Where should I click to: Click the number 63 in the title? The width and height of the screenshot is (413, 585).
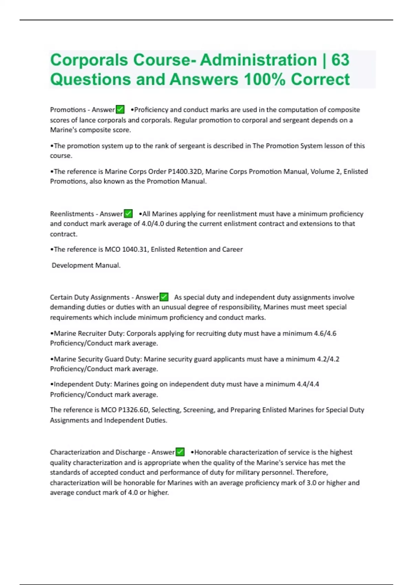[340, 60]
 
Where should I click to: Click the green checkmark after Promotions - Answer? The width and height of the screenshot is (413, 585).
[120, 109]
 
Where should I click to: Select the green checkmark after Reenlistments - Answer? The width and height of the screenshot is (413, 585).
[128, 214]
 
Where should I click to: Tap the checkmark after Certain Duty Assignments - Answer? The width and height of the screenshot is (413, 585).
[164, 297]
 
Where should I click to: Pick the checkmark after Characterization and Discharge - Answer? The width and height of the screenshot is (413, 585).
[180, 452]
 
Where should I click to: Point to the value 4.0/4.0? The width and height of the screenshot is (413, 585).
[152, 224]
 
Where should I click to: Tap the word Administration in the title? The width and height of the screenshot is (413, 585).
[258, 60]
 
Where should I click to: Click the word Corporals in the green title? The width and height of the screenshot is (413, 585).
[89, 60]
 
